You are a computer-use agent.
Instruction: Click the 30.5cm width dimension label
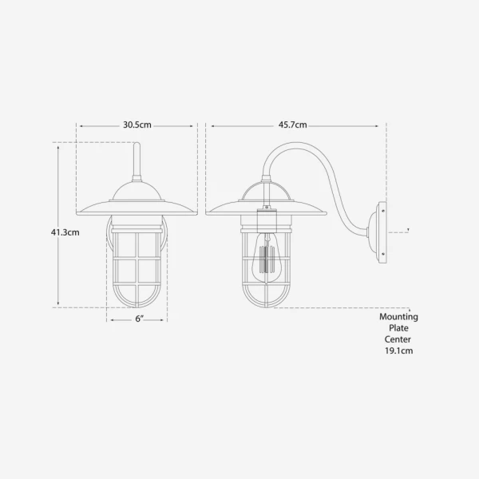pos(137,125)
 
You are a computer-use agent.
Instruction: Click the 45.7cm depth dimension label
pos(293,125)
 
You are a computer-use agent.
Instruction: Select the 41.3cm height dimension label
pos(65,232)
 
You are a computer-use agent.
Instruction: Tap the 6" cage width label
pos(139,319)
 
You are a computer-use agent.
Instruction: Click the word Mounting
pos(398,317)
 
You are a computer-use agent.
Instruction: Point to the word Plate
pos(398,328)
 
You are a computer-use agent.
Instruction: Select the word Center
pos(398,339)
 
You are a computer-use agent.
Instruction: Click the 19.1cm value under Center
pos(398,350)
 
